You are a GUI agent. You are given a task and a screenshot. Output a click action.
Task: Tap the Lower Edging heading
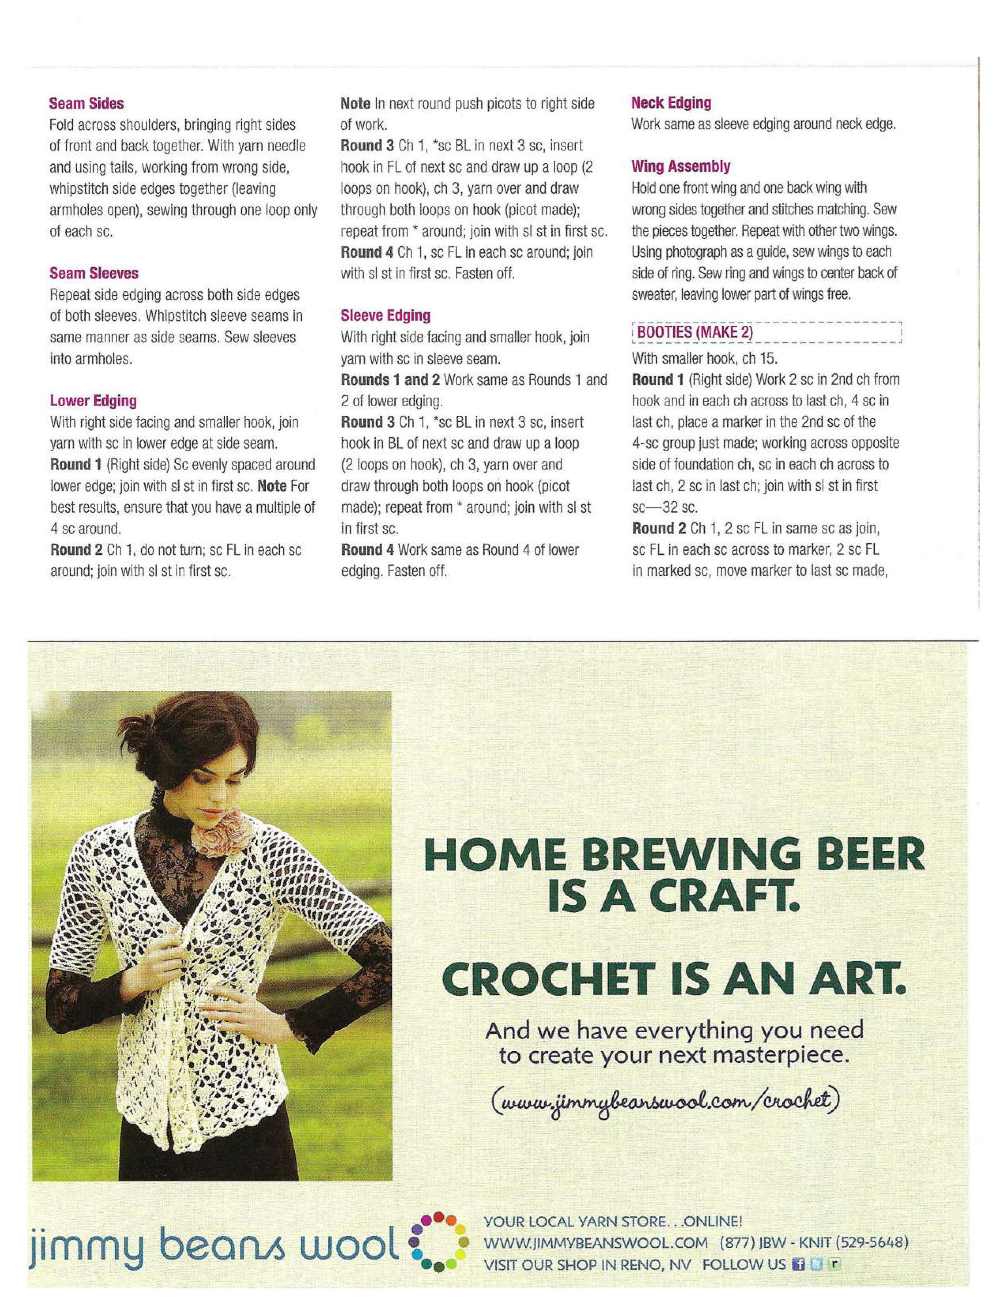[x=93, y=401]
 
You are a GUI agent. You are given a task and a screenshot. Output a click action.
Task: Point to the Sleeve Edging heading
[x=385, y=315]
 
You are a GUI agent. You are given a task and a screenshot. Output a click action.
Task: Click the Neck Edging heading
[x=671, y=103]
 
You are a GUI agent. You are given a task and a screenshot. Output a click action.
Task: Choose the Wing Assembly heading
[x=681, y=167]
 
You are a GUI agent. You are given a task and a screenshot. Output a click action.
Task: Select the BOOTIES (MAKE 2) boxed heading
[x=695, y=332]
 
